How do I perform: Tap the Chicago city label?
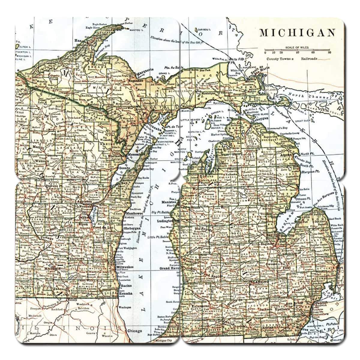pos(134,331)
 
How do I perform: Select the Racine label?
pos(125,286)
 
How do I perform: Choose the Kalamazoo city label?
pos(201,305)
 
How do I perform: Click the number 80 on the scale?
pos(329,52)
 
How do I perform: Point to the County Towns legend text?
pos(278,59)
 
